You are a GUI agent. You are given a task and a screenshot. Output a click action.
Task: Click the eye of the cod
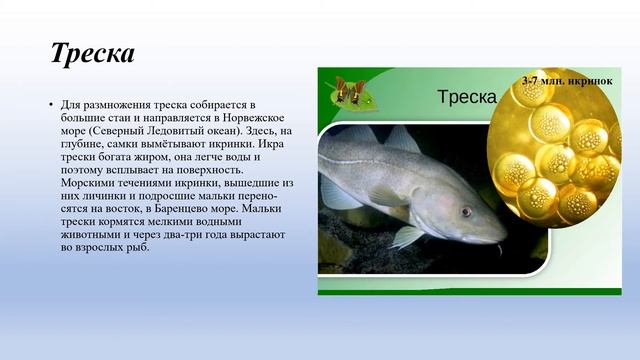[466, 212]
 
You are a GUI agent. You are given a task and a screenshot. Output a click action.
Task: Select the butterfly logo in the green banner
[349, 91]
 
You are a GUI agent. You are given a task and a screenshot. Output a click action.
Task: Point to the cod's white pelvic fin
[405, 237]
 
